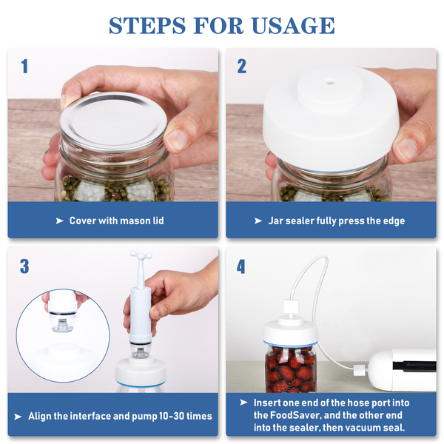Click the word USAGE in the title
[293, 25]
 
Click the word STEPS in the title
[147, 25]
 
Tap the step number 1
[24, 67]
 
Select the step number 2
[241, 67]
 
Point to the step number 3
[24, 266]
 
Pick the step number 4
[241, 266]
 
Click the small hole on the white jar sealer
[329, 82]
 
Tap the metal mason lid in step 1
[113, 121]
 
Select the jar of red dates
[291, 368]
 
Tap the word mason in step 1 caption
[133, 221]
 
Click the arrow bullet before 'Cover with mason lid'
[59, 221]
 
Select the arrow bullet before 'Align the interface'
[18, 417]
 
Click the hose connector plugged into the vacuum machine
[360, 370]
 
